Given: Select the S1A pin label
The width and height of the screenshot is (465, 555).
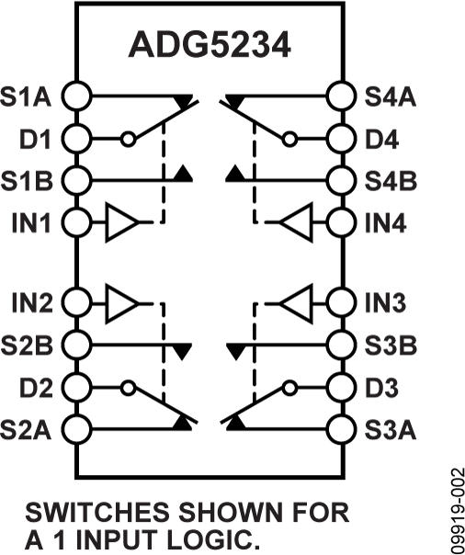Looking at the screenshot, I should pyautogui.click(x=29, y=96).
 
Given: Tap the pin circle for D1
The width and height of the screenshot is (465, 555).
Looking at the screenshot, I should pyautogui.click(x=76, y=139).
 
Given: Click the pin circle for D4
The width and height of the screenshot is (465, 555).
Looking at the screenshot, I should pyautogui.click(x=342, y=139).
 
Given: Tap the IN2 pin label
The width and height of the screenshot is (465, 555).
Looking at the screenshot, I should pyautogui.click(x=32, y=301).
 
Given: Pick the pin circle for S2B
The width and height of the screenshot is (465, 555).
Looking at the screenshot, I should pyautogui.click(x=76, y=344).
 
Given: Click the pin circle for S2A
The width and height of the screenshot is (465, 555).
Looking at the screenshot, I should pyautogui.click(x=76, y=427).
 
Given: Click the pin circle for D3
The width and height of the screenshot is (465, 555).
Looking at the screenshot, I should pyautogui.click(x=342, y=386).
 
